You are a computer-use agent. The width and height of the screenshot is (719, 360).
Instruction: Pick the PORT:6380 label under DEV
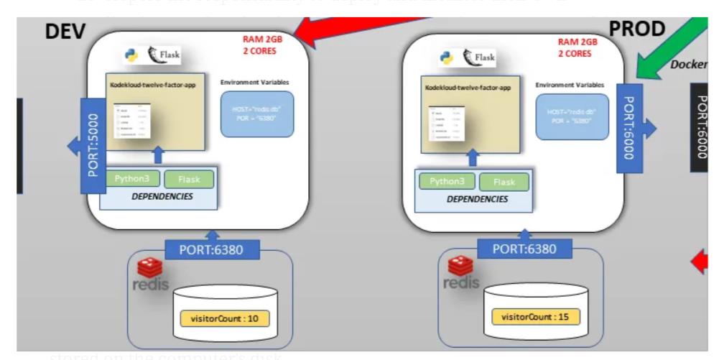212,250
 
